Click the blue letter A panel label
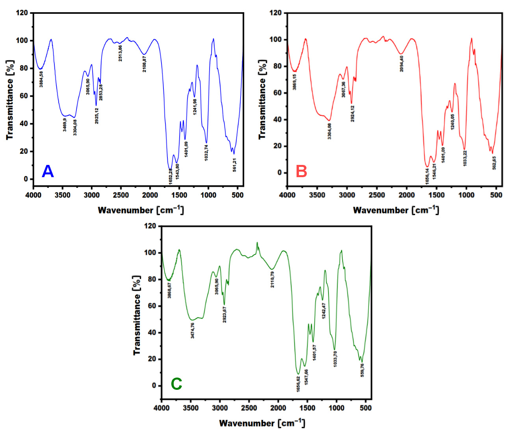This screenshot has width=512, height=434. tap(48, 172)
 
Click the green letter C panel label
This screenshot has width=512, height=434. tap(176, 384)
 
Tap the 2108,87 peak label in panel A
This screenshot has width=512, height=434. tap(145, 64)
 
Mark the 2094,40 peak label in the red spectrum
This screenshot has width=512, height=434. tap(401, 63)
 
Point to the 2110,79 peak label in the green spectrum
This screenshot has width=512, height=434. tap(273, 279)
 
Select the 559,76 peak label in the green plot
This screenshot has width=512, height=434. tap(362, 370)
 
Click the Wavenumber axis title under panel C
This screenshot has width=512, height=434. tap(262, 423)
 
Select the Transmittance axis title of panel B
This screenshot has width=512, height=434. tap(262, 99)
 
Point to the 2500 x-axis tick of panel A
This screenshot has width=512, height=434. tap(121, 195)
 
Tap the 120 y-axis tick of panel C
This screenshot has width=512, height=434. tap(150, 226)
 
